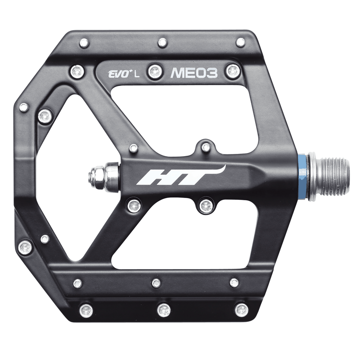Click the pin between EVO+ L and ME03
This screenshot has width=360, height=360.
pyautogui.click(x=155, y=70)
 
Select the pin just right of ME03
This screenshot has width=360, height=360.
pyautogui.click(x=233, y=70)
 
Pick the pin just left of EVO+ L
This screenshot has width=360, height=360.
pyautogui.click(x=77, y=71)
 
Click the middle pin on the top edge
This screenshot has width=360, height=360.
pyautogui.click(x=162, y=42)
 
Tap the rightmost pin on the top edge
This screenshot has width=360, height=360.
pyautogui.click(x=241, y=42)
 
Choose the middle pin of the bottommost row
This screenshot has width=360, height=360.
pyautogui.click(x=164, y=310)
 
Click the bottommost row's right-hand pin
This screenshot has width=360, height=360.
pyautogui.click(x=242, y=310)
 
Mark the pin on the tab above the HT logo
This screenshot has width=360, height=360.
pyautogui.click(x=206, y=147)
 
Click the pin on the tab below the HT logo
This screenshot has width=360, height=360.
pyautogui.click(x=206, y=206)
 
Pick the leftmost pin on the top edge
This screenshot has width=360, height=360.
pyautogui.click(x=84, y=43)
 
